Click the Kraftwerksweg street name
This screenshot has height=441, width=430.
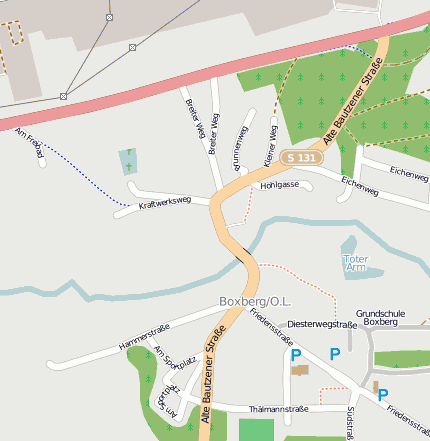click(165, 202)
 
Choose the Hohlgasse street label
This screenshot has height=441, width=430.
click(279, 186)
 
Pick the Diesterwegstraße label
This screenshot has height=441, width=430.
click(322, 325)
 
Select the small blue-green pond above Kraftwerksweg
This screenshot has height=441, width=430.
click(128, 161)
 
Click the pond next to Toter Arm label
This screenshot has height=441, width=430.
click(351, 246)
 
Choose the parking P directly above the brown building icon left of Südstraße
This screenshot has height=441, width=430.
click(295, 355)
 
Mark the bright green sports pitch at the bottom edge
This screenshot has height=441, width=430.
click(255, 430)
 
